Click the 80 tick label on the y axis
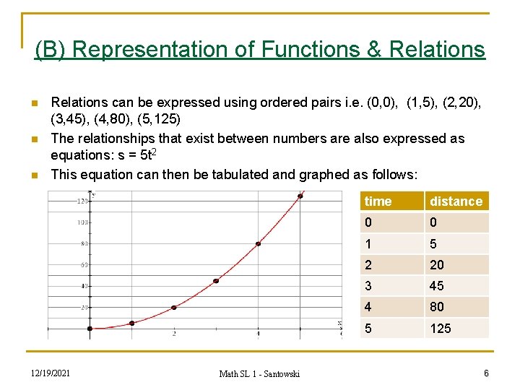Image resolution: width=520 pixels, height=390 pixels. [84, 243]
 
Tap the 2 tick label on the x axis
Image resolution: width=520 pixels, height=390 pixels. [174, 333]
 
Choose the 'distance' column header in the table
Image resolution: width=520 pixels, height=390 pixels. [456, 201]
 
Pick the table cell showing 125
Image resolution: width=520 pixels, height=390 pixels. [440, 329]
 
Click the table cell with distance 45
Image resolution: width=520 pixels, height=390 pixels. [437, 286]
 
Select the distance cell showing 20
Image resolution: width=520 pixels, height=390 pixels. [437, 265]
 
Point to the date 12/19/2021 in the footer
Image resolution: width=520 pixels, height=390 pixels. [50, 373]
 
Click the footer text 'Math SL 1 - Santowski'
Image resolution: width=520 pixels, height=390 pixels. [259, 373]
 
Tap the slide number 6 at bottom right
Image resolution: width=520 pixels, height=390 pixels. [486, 373]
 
